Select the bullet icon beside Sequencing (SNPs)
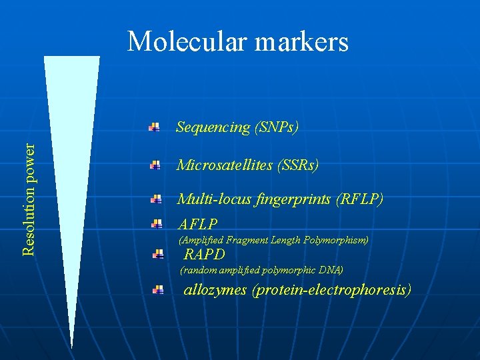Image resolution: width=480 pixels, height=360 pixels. click(154, 127)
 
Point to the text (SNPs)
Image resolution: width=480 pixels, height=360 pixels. click(276, 127)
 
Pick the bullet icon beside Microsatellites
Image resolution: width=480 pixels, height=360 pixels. click(155, 165)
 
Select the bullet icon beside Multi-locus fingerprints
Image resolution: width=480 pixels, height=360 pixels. click(155, 199)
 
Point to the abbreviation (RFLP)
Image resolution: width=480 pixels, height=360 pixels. click(361, 199)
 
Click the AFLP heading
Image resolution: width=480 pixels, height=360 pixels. click(197, 224)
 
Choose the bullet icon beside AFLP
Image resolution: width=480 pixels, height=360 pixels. click(157, 224)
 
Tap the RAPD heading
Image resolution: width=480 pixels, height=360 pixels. click(205, 254)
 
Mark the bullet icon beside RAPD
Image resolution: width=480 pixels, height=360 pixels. click(158, 254)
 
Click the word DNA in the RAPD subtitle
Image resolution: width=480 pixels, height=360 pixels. click(331, 270)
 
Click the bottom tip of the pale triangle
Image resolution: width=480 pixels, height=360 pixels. click(72, 348)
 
